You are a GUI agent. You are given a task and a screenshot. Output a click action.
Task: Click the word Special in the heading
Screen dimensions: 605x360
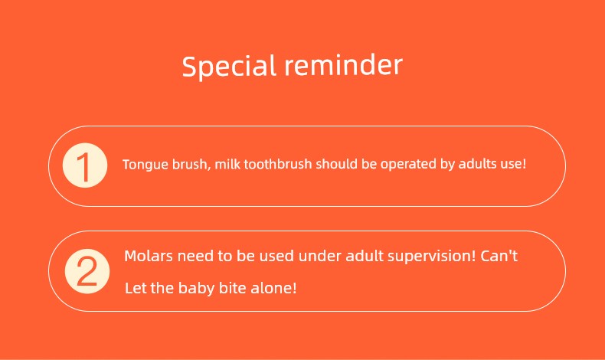[229, 67]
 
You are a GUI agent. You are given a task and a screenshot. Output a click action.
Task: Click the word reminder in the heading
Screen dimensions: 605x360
[344, 65]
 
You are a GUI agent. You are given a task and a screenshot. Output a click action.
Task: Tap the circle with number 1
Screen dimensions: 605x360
[85, 165]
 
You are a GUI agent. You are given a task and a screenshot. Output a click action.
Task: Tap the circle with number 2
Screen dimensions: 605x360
[87, 271]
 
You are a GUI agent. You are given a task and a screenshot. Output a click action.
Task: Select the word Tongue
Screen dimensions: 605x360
[146, 165]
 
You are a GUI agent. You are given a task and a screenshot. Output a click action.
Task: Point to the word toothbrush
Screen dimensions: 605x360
[278, 164]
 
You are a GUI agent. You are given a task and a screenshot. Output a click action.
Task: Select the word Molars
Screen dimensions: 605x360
[149, 256]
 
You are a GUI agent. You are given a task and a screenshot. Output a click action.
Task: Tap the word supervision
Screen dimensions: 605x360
[432, 257]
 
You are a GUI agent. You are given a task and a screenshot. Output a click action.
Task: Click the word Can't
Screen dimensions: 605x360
[499, 255]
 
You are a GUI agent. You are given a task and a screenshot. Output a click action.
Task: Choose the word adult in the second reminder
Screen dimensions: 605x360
[365, 256]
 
